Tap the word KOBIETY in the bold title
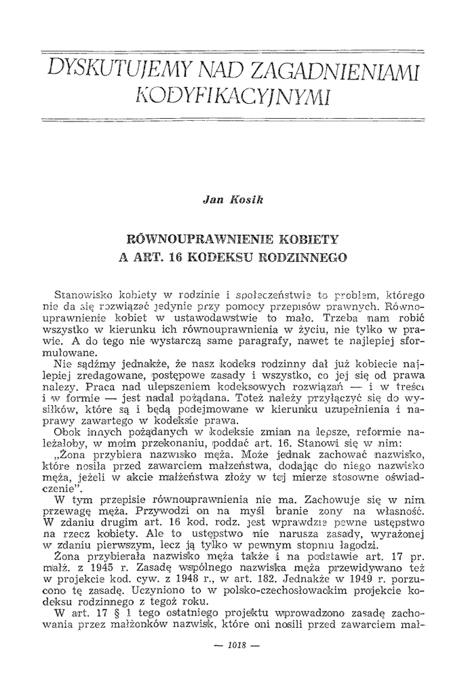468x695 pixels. (311, 239)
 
